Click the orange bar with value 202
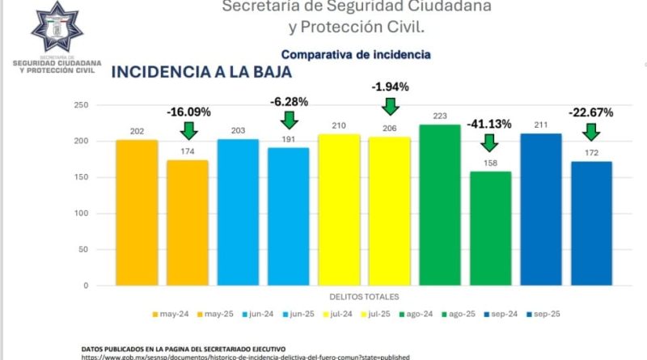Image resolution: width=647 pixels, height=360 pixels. (x=137, y=213)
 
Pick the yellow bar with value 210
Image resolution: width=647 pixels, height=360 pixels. (x=339, y=210)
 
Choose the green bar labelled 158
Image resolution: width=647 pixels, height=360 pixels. (x=490, y=228)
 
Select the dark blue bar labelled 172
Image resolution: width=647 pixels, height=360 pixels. (x=591, y=223)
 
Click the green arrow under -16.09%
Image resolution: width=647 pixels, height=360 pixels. (x=188, y=129)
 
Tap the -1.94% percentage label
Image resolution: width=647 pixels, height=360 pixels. (x=391, y=87)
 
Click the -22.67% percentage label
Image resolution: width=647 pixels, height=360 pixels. (x=590, y=112)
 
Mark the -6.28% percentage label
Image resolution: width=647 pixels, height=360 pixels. (x=289, y=101)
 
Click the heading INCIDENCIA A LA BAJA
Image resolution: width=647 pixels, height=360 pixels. (x=201, y=71)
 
